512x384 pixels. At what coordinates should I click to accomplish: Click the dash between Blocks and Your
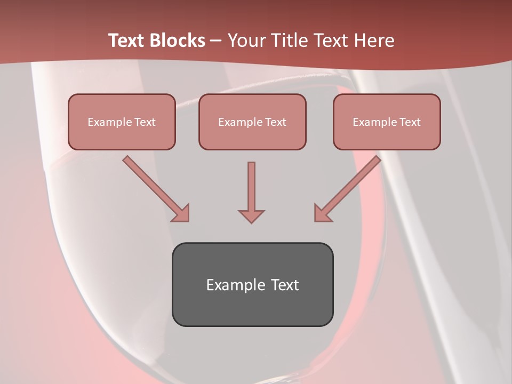[x=217, y=41]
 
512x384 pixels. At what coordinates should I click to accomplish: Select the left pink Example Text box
[x=122, y=122]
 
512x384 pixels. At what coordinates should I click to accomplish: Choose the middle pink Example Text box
[x=252, y=122]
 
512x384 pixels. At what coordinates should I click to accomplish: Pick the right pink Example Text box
[x=387, y=122]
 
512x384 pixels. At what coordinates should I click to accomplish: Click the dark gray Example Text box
[x=252, y=284]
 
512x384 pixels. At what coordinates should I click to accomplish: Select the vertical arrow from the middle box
[x=251, y=189]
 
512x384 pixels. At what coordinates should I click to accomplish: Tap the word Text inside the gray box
[x=284, y=285]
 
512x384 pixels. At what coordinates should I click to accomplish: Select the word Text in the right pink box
[x=410, y=122]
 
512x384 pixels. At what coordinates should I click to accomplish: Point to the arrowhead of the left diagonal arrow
[x=181, y=213]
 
